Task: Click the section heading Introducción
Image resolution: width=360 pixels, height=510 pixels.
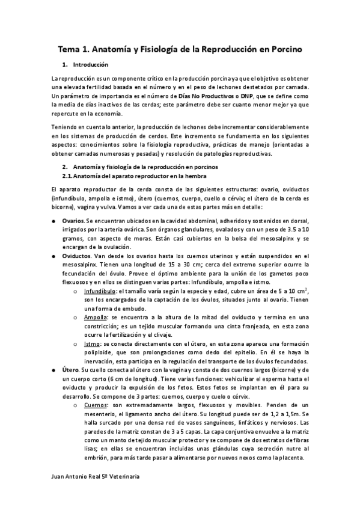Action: coord(91,64)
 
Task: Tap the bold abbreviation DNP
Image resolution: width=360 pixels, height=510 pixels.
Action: coord(245,96)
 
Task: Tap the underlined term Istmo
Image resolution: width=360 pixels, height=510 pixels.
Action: coord(93,343)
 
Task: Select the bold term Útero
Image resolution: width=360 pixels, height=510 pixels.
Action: coord(70,369)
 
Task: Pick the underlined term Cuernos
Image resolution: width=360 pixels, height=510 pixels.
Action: coord(97,405)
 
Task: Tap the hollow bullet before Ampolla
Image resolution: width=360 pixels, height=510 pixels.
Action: coord(75,318)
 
